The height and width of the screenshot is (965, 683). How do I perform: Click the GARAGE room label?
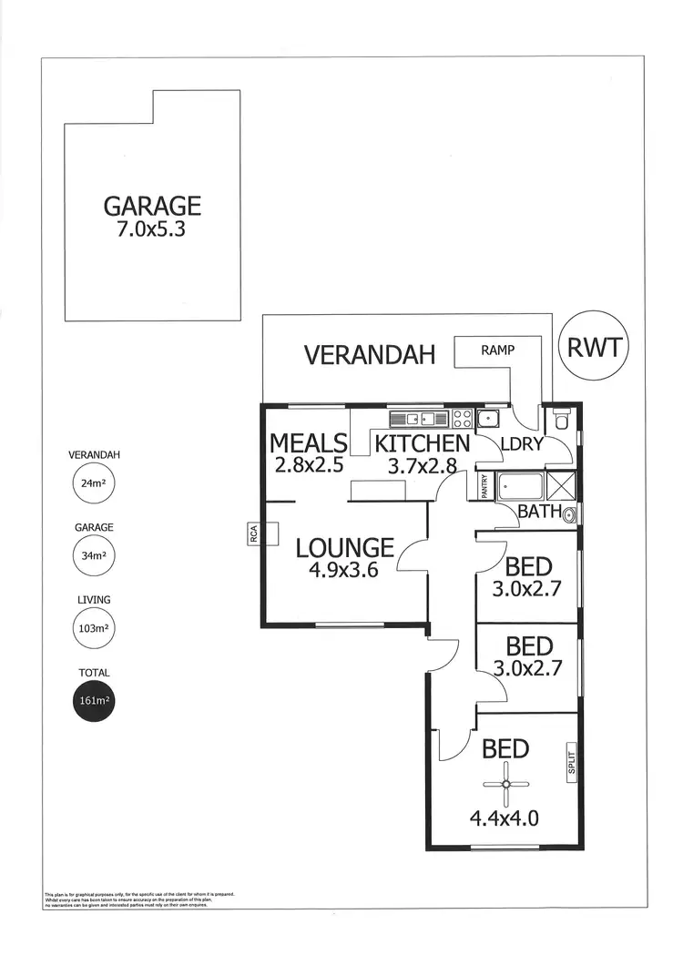coord(152,206)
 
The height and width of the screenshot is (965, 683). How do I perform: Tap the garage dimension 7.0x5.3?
coord(152,229)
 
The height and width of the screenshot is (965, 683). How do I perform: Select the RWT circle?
coord(594,347)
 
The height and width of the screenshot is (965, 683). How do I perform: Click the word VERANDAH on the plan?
coord(370,354)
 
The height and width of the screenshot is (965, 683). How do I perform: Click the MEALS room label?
coord(309,443)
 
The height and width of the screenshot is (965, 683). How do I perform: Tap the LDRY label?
coord(522,444)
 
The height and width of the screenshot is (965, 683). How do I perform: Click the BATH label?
coord(539,512)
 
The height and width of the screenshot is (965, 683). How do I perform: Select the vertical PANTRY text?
coord(485,487)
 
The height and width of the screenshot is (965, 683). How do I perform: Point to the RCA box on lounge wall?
coord(254,534)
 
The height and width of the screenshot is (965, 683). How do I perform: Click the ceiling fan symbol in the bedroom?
coord(506,785)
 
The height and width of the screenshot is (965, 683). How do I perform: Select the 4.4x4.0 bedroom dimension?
coord(505,818)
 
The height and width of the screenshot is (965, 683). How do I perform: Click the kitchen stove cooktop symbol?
coord(463,419)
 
